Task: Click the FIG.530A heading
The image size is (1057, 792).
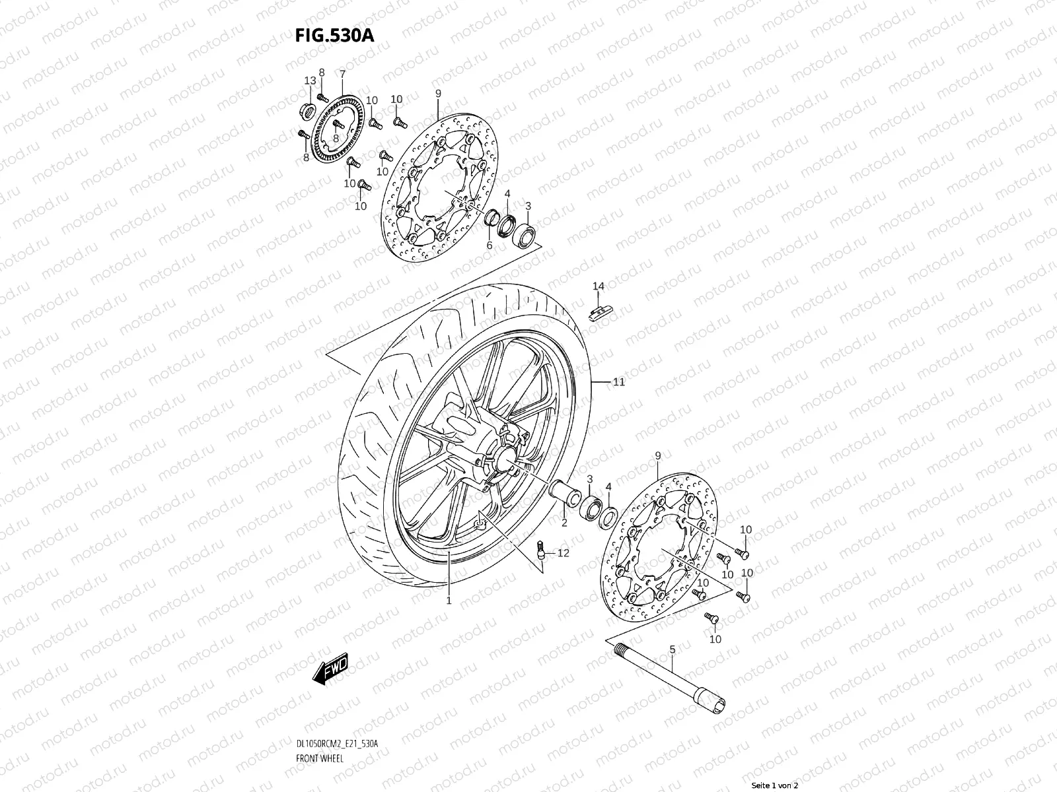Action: tap(335, 35)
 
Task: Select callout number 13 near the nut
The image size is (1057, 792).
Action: tap(310, 81)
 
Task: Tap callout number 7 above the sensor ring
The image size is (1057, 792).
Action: tap(342, 74)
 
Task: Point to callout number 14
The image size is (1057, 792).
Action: tap(598, 286)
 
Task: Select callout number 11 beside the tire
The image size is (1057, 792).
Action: tap(618, 382)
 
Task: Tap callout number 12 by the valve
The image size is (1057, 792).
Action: tap(563, 553)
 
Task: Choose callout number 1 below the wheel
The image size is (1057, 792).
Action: tap(449, 601)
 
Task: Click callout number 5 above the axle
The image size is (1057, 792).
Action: tap(672, 650)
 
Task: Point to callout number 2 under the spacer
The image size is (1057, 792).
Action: tap(564, 523)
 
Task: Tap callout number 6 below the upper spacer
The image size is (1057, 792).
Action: tap(490, 246)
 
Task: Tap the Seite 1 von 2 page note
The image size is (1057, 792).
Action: tap(776, 785)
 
